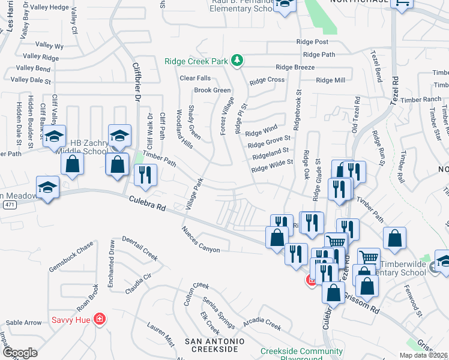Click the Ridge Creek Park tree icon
(238, 60)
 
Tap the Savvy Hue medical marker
(100, 319)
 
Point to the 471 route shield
(8, 205)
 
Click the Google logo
(20, 353)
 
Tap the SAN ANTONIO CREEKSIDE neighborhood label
(214, 345)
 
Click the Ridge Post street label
(312, 42)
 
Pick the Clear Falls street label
(195, 78)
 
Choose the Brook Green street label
(212, 90)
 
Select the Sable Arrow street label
(23, 323)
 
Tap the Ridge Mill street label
(330, 80)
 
